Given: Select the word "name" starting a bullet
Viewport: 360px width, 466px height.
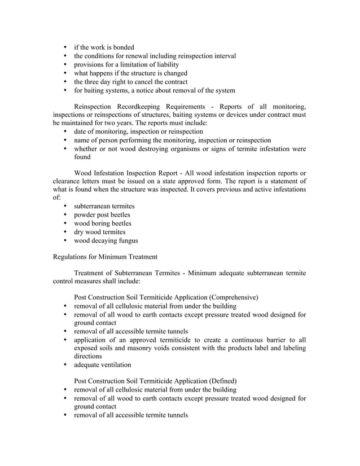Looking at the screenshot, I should pyautogui.click(x=84, y=140).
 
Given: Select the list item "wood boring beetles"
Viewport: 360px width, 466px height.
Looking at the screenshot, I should pyautogui.click(x=103, y=223).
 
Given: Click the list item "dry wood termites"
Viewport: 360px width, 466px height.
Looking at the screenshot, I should pyautogui.click(x=100, y=232).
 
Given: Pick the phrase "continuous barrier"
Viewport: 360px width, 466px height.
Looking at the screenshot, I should pyautogui.click(x=251, y=340).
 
